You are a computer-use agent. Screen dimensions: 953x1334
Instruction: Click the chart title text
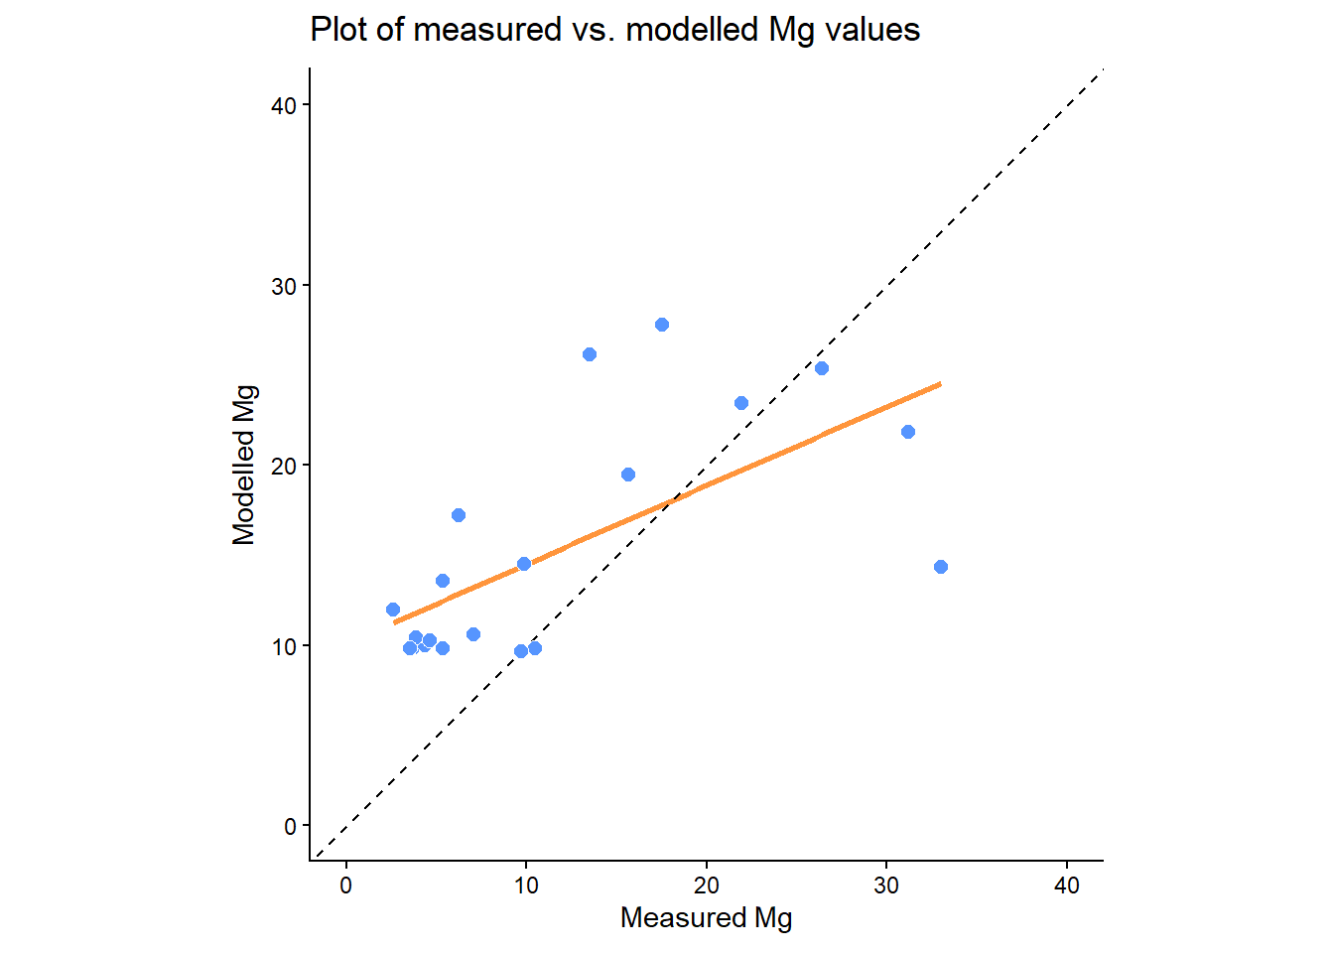pos(614,30)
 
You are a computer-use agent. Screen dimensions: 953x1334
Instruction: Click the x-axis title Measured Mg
pos(706,917)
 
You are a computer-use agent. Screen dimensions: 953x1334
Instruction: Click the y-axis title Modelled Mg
pos(244,465)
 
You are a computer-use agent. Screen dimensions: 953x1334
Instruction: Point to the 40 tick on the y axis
pos(284,105)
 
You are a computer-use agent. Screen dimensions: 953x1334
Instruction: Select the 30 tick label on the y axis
pos(284,286)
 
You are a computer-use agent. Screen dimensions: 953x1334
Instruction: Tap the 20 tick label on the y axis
pos(284,466)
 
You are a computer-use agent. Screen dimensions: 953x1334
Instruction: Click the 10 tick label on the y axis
pos(284,646)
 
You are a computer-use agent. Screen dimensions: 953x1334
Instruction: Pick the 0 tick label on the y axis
pos(290,826)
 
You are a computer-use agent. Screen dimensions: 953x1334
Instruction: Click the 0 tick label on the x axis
pos(345,885)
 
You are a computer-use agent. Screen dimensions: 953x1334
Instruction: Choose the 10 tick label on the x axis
pos(526,885)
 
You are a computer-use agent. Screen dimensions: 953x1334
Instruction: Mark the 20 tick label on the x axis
pos(706,885)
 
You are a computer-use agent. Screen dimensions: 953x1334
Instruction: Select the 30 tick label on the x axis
pos(886,885)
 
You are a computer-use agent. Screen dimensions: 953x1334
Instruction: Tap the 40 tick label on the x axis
pos(1067,885)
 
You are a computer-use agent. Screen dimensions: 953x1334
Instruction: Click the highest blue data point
pos(662,325)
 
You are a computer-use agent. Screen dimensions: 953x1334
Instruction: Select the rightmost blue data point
pos(941,567)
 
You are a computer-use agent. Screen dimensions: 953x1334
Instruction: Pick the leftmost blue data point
pos(393,610)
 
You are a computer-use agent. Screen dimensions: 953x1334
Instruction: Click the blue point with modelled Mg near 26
pos(590,354)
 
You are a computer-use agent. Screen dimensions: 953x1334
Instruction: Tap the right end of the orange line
pos(940,383)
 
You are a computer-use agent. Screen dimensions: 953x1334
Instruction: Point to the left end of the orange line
pos(395,622)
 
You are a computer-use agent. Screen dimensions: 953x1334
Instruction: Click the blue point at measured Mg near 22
pos(741,403)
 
